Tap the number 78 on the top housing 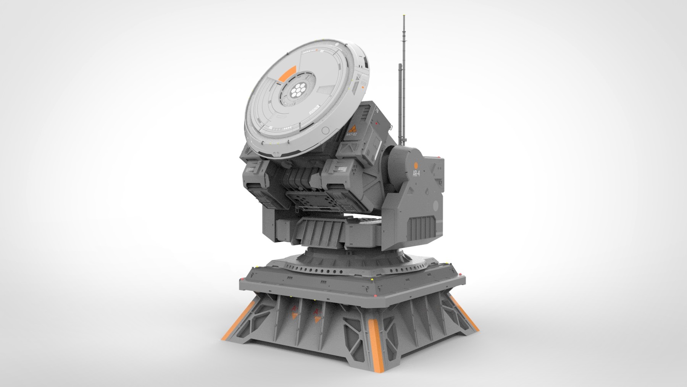[377, 111]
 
